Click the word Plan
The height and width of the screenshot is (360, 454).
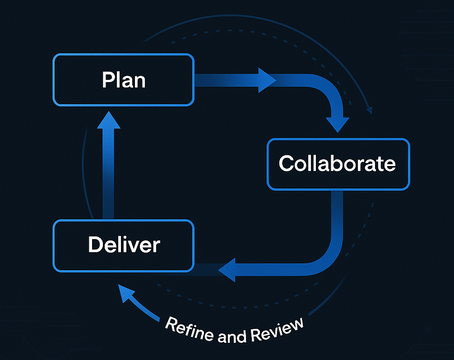click(x=124, y=80)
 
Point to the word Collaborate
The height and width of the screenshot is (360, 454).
click(x=337, y=163)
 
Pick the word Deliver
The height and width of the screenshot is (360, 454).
click(x=124, y=245)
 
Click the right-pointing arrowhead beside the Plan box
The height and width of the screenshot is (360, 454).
click(x=267, y=80)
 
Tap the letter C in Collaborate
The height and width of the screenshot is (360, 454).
click(x=287, y=163)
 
